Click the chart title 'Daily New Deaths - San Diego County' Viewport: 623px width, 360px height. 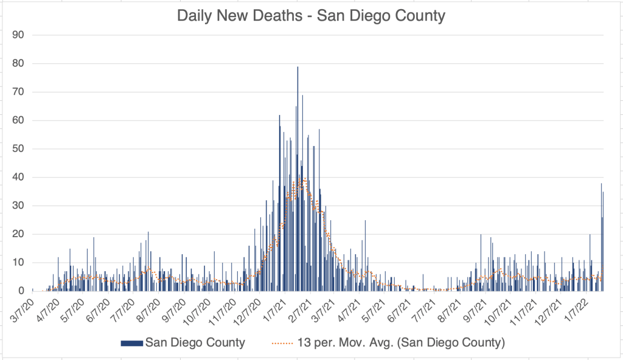coord(311,15)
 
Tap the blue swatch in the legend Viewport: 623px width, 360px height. coord(132,343)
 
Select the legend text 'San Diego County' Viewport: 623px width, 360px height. coord(195,343)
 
